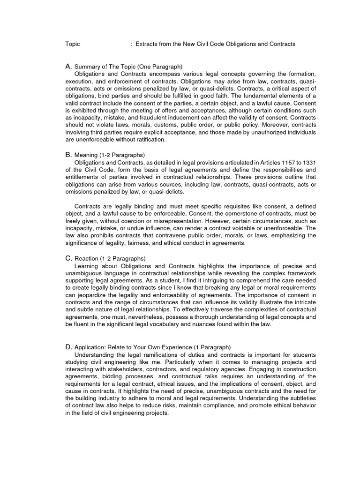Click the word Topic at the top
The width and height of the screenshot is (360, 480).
point(73,44)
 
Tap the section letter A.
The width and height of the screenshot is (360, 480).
point(68,67)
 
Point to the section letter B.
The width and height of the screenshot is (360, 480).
point(68,154)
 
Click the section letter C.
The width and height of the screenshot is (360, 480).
point(68,258)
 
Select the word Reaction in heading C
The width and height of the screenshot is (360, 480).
point(87,258)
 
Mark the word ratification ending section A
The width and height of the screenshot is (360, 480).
point(150,140)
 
